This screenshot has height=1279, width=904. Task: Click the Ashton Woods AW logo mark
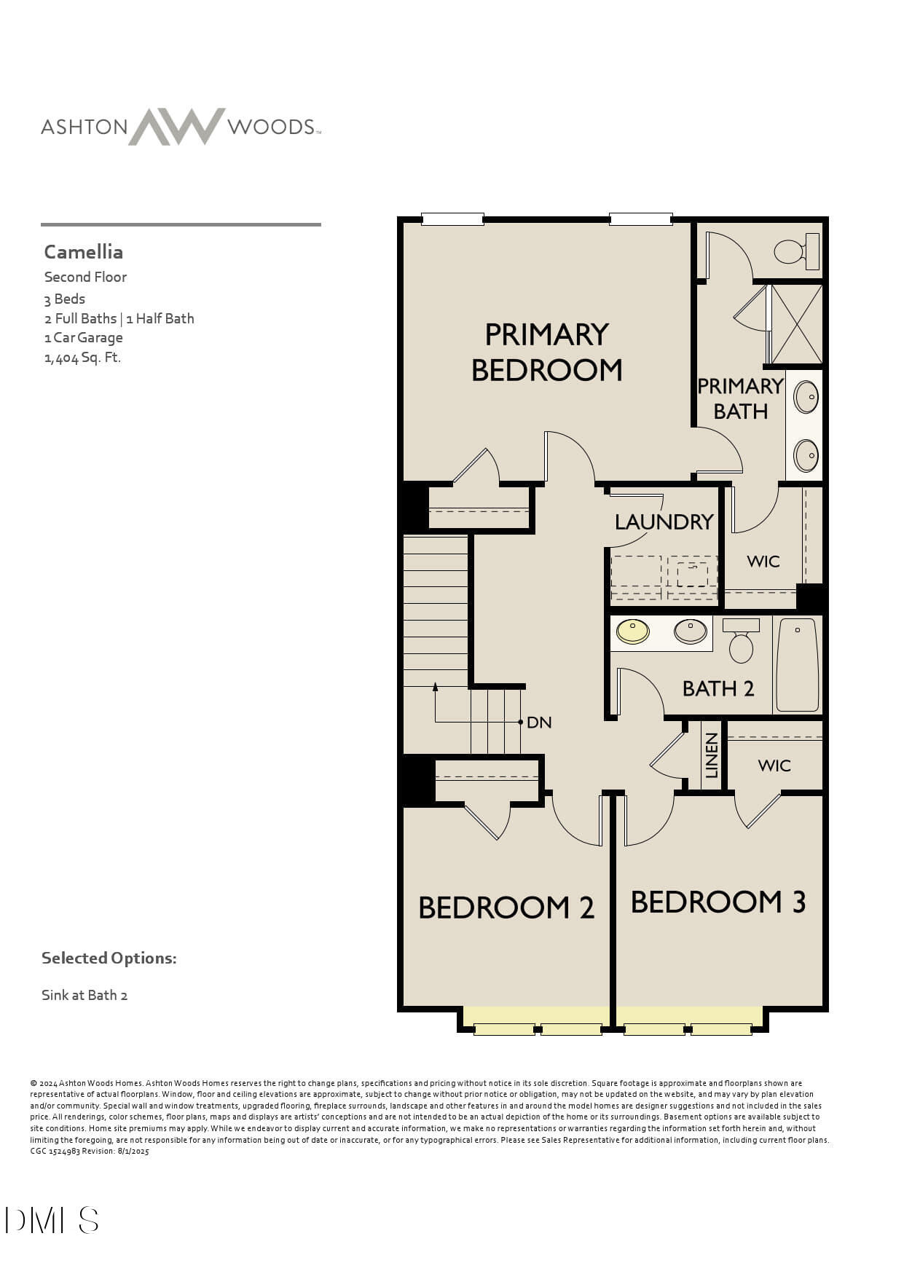pos(177,127)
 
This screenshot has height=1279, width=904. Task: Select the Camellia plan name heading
pos(84,252)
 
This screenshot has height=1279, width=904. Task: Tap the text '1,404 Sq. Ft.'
pos(82,358)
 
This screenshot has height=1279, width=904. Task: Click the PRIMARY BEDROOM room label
pos(546,353)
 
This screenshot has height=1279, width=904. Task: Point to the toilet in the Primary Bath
pos(793,251)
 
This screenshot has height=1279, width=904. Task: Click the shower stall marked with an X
pos(796,324)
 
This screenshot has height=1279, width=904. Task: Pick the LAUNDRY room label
pos(664,522)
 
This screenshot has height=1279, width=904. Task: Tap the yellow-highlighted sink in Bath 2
pos(632,631)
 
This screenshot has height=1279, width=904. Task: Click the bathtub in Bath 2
pos(797,665)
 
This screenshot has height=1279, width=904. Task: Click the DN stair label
pos(539,723)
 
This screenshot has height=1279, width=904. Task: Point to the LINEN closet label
pos(712,755)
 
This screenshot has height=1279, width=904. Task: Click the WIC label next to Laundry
pos(763,562)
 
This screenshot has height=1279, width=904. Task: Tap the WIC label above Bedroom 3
pos(774,766)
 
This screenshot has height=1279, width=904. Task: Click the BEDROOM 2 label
pos(506,908)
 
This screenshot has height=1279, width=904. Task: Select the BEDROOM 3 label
pos(718,902)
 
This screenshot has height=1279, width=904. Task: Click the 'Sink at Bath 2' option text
pos(84,996)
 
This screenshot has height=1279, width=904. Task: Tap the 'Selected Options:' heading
pos(109,959)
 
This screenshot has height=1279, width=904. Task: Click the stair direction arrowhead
pos(436,687)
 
